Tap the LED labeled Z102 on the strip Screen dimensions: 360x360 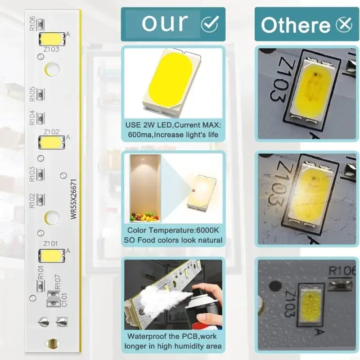pyautogui.click(x=51, y=142)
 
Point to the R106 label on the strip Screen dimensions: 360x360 pyautogui.click(x=32, y=23)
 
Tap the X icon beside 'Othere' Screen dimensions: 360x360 pyautogui.click(x=344, y=25)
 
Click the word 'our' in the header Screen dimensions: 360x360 pyautogui.click(x=165, y=23)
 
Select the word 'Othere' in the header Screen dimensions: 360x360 pyautogui.click(x=295, y=25)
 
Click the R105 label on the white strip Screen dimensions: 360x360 pyautogui.click(x=32, y=94)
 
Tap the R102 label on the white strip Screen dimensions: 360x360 pyautogui.click(x=32, y=200)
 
